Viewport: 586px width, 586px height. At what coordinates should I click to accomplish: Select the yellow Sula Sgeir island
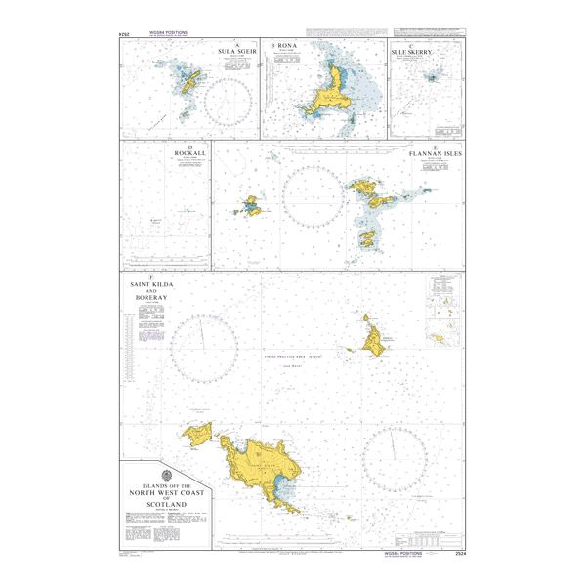[x=191, y=83]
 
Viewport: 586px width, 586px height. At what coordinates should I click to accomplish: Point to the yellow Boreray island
[x=373, y=337]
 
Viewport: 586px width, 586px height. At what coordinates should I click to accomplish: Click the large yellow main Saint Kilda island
[x=258, y=464]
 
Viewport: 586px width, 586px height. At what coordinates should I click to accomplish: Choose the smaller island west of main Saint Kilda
[x=198, y=434]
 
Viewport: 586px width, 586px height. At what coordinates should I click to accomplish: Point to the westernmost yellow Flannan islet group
[x=251, y=205]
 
